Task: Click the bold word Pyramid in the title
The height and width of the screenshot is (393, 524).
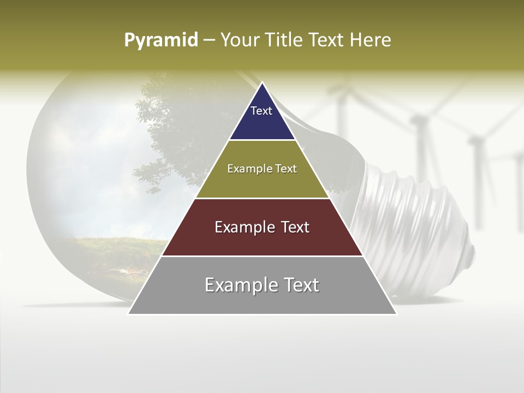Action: coord(161,40)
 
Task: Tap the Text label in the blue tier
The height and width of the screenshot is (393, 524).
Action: coord(261,111)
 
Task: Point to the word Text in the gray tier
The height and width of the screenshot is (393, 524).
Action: coord(300,285)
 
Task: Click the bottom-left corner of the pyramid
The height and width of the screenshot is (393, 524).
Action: coord(129,314)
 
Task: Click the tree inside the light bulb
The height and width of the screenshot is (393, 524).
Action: coord(175,131)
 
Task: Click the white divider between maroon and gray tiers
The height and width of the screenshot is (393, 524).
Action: coord(262,256)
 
